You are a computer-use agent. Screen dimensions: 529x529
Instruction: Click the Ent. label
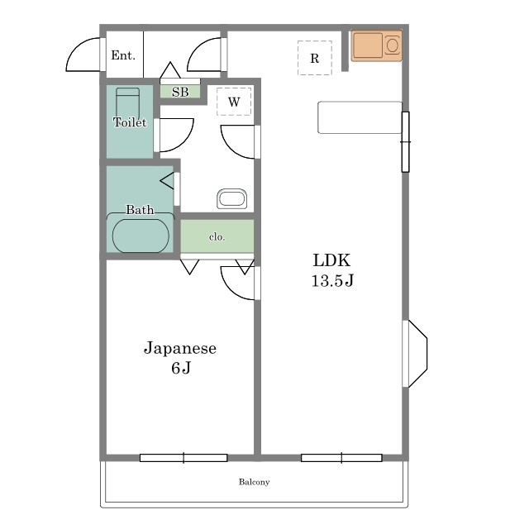[x=123, y=55]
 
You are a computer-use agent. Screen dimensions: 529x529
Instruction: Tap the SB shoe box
[x=180, y=92]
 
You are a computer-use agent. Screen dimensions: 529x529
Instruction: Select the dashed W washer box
[x=234, y=101]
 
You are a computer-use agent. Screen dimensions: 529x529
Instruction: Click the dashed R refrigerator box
[x=315, y=58]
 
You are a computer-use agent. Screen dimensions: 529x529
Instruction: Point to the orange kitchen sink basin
[x=368, y=45]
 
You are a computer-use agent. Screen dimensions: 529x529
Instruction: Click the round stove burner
[x=393, y=45]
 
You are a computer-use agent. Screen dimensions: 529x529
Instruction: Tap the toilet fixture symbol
[x=127, y=102]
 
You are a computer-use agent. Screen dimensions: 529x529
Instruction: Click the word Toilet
[x=130, y=122]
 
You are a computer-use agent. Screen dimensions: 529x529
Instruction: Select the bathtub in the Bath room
[x=141, y=236]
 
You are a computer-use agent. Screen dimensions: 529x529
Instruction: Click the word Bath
[x=140, y=209]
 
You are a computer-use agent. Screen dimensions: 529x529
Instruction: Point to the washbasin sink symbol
[x=231, y=198]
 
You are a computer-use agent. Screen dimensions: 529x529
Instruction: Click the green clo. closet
[x=217, y=236]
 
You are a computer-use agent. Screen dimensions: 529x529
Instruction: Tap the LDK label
[x=331, y=260]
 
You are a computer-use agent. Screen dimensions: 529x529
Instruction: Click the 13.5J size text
[x=332, y=280]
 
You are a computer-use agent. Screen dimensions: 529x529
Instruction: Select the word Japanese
[x=180, y=348]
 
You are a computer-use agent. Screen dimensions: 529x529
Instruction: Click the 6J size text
[x=181, y=368]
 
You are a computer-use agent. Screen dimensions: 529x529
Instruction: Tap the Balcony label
[x=254, y=482]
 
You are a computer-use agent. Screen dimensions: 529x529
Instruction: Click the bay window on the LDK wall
[x=415, y=354]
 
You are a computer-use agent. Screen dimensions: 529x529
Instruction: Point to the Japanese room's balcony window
[x=183, y=458]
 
